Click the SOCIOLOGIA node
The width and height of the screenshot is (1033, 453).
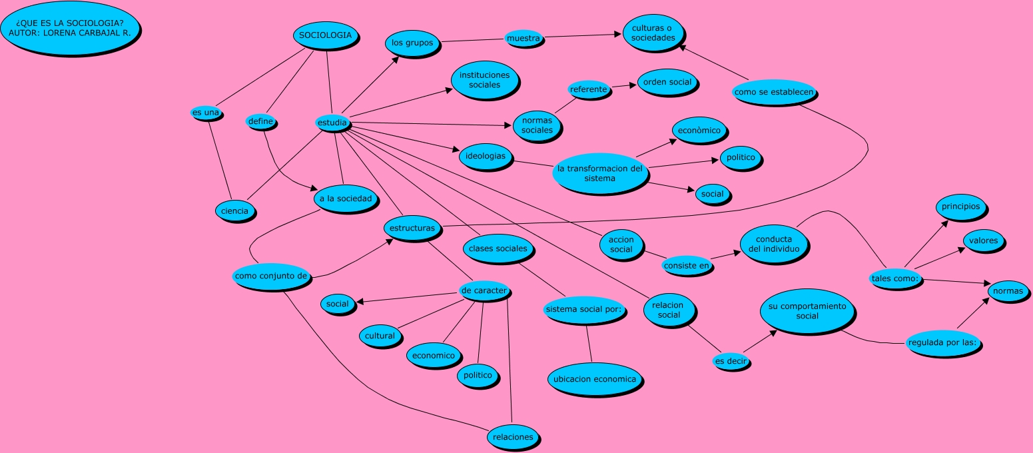point(325,36)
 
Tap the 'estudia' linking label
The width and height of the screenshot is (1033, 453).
point(332,123)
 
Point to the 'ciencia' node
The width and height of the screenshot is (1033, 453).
point(235,211)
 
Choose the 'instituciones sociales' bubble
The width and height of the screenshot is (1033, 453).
point(484,80)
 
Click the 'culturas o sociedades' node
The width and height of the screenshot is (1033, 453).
point(653,33)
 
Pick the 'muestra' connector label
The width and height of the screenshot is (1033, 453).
point(523,39)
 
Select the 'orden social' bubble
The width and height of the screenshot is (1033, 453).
point(667,83)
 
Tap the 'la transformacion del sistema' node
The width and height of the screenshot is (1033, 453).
point(599,173)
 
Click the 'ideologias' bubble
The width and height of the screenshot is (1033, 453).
point(486,157)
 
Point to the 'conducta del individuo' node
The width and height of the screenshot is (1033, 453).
point(773,244)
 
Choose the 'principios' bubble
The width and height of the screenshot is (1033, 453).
point(960,207)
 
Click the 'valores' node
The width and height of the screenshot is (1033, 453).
point(983,241)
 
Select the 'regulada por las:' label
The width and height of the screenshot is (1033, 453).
point(945,343)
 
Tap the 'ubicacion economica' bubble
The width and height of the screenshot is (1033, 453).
point(595,380)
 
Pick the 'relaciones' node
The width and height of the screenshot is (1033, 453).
point(513,437)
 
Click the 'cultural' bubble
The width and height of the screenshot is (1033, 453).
point(380,336)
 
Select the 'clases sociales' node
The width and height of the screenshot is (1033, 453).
point(498,248)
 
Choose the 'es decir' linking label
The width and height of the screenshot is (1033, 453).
point(731,361)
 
